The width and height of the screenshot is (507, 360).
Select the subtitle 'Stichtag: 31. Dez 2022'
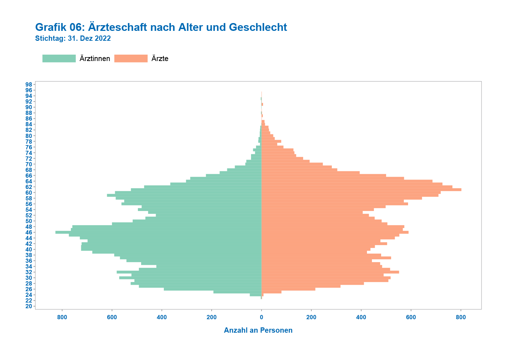[x=73, y=38]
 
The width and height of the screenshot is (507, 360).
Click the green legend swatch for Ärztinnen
[x=59, y=59]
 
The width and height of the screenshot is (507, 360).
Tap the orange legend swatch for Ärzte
[x=131, y=59]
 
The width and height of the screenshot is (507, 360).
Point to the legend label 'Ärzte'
[x=160, y=59]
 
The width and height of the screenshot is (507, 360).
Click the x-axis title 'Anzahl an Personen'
[x=258, y=330]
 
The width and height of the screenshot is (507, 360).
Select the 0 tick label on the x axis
[x=262, y=317]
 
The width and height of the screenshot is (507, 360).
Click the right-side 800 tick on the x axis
[x=461, y=317]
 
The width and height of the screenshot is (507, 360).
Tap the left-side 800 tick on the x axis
[x=62, y=317]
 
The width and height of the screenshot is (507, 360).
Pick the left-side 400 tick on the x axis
[x=162, y=317]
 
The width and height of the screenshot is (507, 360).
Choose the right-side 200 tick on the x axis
[x=311, y=317]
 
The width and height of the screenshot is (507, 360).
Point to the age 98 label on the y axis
[x=29, y=84]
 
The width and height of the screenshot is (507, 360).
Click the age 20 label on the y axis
[x=29, y=306]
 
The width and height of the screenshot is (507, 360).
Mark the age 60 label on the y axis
[x=29, y=193]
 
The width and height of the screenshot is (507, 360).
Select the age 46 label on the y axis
[x=29, y=232]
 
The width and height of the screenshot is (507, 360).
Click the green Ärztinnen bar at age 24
[x=256, y=295]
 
